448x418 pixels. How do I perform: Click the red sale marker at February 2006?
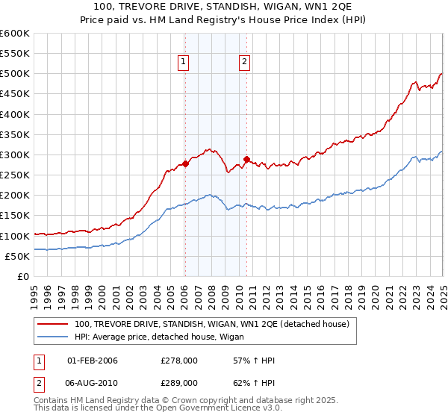184,164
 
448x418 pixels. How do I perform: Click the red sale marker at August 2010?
246,160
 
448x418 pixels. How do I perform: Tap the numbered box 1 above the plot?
184,63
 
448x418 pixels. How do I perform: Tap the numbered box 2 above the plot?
244,63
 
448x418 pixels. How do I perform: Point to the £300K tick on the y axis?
15,155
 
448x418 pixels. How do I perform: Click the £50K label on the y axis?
17,256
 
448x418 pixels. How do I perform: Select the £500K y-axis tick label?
15,74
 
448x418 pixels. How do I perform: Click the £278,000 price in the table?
179,361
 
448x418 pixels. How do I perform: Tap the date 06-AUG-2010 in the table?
93,384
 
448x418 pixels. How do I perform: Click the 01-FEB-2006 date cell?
93,361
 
